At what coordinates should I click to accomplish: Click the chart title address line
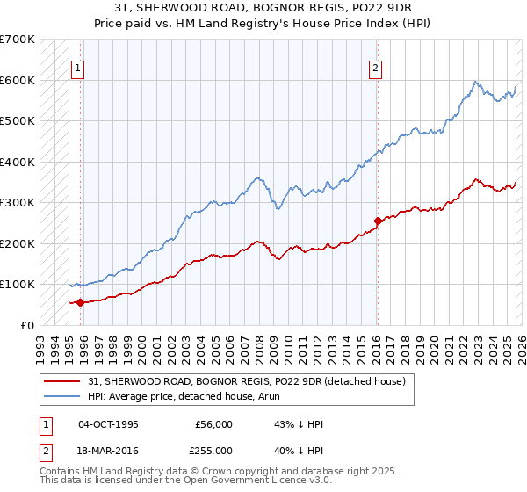coord(263,8)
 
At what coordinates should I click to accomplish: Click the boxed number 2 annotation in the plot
coord(376,68)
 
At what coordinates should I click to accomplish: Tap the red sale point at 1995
coord(80,302)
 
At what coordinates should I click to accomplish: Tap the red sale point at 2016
coord(378,221)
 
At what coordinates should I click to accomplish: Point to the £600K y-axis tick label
coord(18,80)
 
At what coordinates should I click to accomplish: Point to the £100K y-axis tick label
coord(18,285)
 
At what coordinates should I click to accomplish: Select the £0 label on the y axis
coord(27,325)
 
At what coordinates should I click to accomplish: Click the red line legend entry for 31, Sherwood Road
coord(246,381)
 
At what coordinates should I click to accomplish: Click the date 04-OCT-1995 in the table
coord(109,424)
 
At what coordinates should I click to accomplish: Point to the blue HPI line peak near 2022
coord(475,82)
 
